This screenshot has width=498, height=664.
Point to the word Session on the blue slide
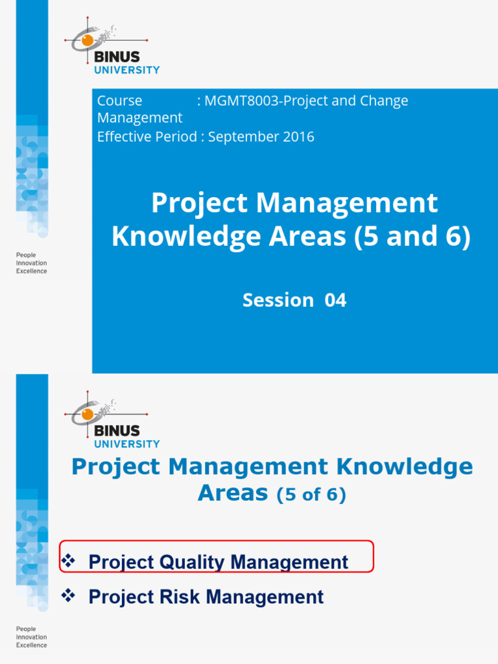pyautogui.click(x=278, y=300)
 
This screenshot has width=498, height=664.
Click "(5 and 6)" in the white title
pyautogui.click(x=412, y=237)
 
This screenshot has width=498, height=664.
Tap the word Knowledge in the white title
pyautogui.click(x=174, y=237)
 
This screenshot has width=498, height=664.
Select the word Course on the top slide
pyautogui.click(x=119, y=101)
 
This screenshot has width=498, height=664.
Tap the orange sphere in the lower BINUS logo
pyautogui.click(x=87, y=414)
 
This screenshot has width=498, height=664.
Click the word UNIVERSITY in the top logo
pyautogui.click(x=127, y=70)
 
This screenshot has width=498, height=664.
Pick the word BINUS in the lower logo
pyautogui.click(x=117, y=431)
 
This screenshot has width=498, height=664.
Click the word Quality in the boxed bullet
pyautogui.click(x=190, y=562)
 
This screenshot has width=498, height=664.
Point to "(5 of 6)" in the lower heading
pyautogui.click(x=311, y=496)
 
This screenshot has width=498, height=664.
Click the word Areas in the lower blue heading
pyautogui.click(x=232, y=494)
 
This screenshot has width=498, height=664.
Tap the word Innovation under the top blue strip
pyautogui.click(x=31, y=263)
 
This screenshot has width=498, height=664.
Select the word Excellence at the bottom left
pyautogui.click(x=31, y=645)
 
